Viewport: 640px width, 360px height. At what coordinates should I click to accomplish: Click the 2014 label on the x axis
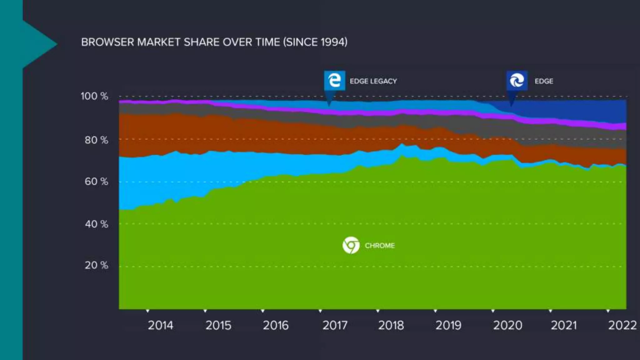point(160,326)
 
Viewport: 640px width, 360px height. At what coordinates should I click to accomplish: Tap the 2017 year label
point(335,326)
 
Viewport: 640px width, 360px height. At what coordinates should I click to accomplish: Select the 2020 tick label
point(507,326)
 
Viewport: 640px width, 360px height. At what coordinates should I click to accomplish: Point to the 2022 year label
point(622,326)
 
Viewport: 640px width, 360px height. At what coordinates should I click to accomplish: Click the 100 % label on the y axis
point(94,96)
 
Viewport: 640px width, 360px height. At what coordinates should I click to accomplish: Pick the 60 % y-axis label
point(96,182)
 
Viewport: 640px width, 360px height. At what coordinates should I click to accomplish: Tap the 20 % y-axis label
point(96,265)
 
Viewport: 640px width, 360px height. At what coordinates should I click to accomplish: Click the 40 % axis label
point(96,224)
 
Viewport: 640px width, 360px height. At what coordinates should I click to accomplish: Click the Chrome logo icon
point(351,245)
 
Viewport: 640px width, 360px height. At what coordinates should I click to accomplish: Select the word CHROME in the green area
point(380,246)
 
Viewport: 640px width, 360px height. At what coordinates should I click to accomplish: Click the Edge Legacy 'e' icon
point(334,81)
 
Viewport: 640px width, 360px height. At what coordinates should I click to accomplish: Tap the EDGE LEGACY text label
point(373,81)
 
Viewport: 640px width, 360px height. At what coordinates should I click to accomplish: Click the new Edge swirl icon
point(517,81)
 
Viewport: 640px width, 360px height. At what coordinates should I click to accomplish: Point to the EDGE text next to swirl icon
point(544,81)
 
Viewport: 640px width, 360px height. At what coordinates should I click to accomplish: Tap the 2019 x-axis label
point(448,326)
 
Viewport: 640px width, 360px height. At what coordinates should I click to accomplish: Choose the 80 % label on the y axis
point(96,140)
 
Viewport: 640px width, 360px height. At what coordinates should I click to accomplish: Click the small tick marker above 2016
point(263,311)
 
